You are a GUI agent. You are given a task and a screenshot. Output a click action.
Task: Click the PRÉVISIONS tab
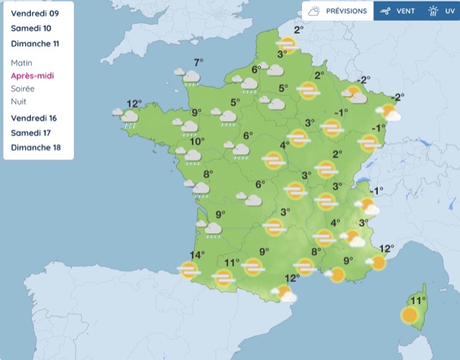pyautogui.click(x=338, y=11)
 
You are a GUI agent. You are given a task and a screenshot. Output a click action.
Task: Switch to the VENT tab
pyautogui.click(x=399, y=11)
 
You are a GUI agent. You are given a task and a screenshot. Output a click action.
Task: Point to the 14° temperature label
pyautogui.click(x=197, y=255)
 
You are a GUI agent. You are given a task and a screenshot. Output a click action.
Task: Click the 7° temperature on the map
pyautogui.click(x=198, y=63)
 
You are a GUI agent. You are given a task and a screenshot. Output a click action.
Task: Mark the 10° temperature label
pyautogui.click(x=197, y=142)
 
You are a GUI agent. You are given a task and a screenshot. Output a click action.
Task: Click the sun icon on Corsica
pyautogui.click(x=410, y=315)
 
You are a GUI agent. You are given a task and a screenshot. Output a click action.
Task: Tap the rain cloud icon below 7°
pyautogui.click(x=190, y=77)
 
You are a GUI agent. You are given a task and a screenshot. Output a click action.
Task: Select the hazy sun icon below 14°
pyautogui.click(x=189, y=270)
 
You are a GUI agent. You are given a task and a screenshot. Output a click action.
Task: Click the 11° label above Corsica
pyautogui.click(x=418, y=300)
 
